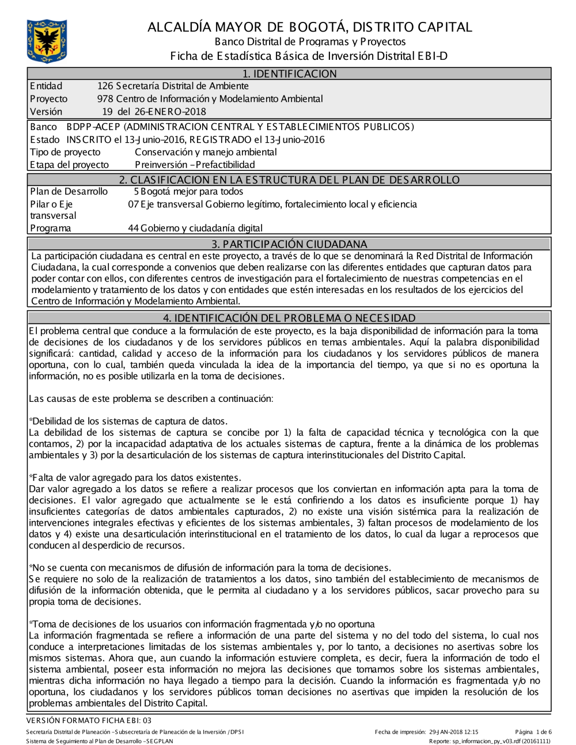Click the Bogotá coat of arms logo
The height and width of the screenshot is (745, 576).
click(47, 41)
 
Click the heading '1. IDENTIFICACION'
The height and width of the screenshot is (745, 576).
click(289, 74)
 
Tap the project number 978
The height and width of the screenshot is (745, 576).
click(105, 99)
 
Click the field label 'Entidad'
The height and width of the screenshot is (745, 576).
click(46, 86)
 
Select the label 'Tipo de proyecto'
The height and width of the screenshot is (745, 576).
click(65, 152)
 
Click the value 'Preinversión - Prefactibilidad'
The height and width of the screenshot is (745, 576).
click(195, 165)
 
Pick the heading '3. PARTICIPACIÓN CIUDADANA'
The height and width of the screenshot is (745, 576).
click(289, 244)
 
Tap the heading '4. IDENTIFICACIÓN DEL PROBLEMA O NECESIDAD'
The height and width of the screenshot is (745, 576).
click(289, 318)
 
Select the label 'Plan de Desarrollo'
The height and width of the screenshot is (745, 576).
click(69, 192)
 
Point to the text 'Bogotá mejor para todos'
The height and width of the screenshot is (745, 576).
click(192, 192)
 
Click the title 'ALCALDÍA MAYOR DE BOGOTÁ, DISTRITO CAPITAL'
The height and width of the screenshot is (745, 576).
click(310, 27)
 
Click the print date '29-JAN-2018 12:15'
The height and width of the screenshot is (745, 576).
click(453, 732)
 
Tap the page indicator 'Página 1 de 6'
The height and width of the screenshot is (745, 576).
click(533, 732)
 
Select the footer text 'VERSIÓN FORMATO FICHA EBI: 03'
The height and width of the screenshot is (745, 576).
click(89, 720)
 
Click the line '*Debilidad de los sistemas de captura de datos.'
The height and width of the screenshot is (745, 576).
click(128, 421)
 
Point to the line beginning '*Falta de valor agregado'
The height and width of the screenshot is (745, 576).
click(135, 477)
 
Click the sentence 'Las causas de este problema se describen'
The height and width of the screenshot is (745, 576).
click(151, 398)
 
